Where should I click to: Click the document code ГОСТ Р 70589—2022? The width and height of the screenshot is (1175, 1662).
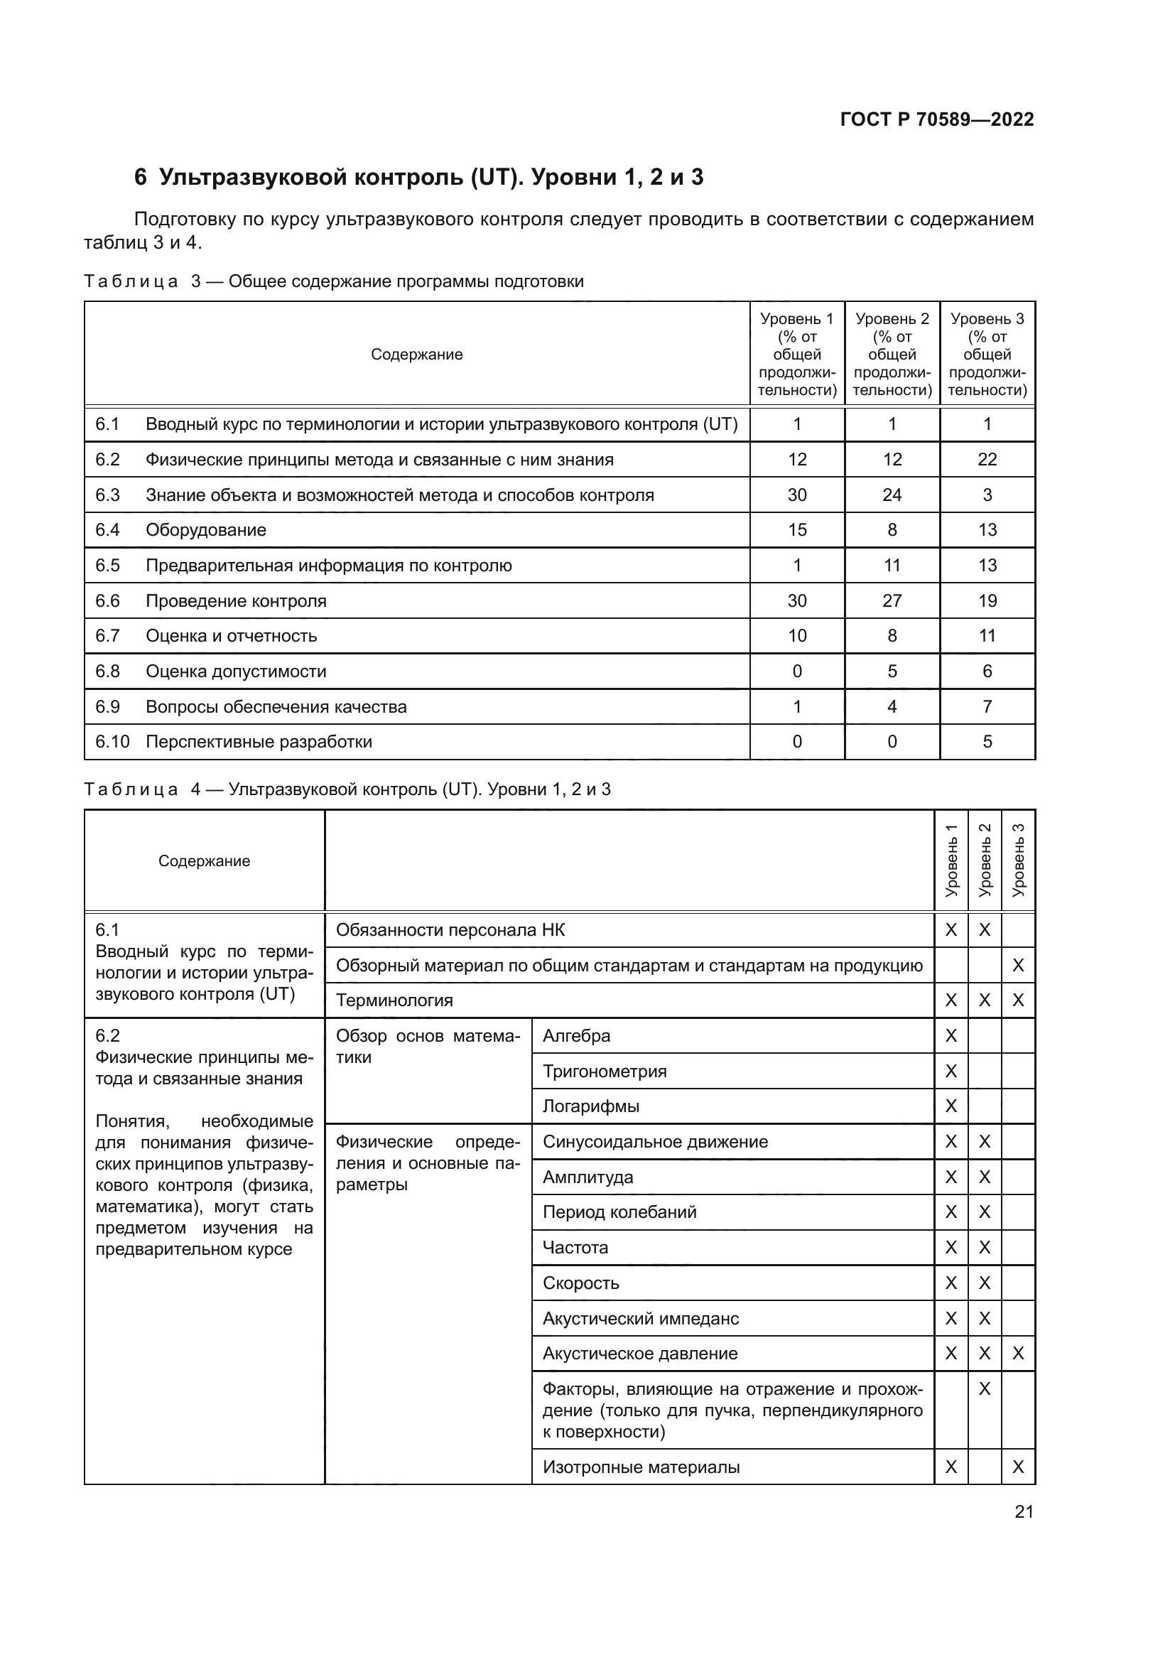pyautogui.click(x=936, y=119)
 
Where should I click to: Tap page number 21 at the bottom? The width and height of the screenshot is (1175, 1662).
pyautogui.click(x=1024, y=1511)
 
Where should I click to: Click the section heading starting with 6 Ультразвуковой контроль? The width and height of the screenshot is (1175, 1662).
pyautogui.click(x=418, y=178)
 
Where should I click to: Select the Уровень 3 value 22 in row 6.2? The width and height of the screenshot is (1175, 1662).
pyautogui.click(x=987, y=460)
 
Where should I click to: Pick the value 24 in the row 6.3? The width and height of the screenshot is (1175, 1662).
pyautogui.click(x=892, y=495)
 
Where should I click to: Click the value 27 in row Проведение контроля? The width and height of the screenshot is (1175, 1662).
pyautogui.click(x=892, y=601)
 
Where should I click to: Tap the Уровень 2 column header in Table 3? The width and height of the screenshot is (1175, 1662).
pyautogui.click(x=892, y=354)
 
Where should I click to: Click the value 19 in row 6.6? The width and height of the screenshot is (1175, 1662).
pyautogui.click(x=987, y=601)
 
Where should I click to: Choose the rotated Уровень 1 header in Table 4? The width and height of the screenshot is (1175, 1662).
pyautogui.click(x=951, y=860)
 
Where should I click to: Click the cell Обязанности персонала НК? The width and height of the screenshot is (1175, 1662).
pyautogui.click(x=450, y=930)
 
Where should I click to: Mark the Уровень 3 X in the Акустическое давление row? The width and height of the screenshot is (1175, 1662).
pyautogui.click(x=1017, y=1354)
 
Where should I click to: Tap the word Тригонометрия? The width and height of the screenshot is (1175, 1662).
pyautogui.click(x=604, y=1072)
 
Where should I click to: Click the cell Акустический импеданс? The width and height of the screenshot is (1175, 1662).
pyautogui.click(x=640, y=1318)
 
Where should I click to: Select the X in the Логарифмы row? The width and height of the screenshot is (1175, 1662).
pyautogui.click(x=951, y=1106)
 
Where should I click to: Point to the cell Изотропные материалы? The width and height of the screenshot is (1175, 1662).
pyautogui.click(x=640, y=1467)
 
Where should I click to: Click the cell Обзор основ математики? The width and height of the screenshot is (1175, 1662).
pyautogui.click(x=427, y=1047)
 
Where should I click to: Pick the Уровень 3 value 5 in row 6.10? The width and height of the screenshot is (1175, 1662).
pyautogui.click(x=987, y=742)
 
